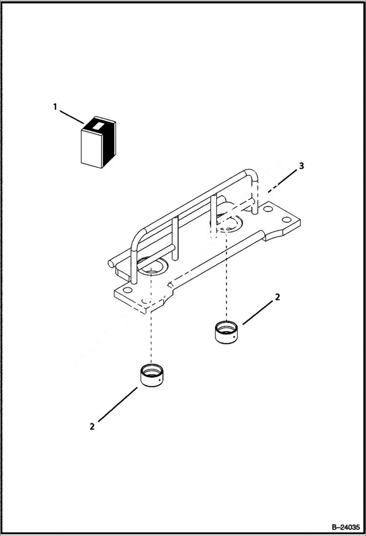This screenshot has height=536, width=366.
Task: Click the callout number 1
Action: pyautogui.click(x=55, y=106)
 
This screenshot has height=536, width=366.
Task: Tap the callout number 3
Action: pyautogui.click(x=301, y=166)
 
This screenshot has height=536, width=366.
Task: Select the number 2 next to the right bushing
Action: pyautogui.click(x=277, y=297)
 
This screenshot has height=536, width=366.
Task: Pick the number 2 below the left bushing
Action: pyautogui.click(x=92, y=426)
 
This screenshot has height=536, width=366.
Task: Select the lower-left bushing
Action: pyautogui.click(x=151, y=375)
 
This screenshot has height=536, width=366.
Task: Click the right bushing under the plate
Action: pyautogui.click(x=226, y=332)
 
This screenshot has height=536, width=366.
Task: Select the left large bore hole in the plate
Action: pyautogui.click(x=152, y=267)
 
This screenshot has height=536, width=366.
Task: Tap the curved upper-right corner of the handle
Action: pyautogui.click(x=251, y=174)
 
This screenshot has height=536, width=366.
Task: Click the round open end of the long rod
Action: pyautogui.click(x=111, y=264)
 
